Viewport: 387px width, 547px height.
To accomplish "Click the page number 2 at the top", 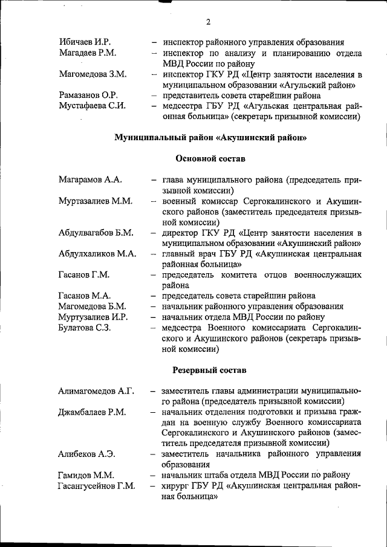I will pyautogui.click(x=207, y=23).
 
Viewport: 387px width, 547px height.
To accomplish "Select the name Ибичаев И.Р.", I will pyautogui.click(x=85, y=42).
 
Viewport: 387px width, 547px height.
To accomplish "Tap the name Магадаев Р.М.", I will pyautogui.click(x=88, y=53).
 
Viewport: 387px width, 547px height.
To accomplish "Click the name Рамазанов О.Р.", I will pyautogui.click(x=88, y=95).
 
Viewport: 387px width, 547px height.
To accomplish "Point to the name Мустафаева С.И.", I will pyautogui.click(x=92, y=106).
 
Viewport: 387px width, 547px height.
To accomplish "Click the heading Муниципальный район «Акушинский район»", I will pyautogui.click(x=211, y=138).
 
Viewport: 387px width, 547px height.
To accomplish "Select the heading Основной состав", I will pyautogui.click(x=210, y=159).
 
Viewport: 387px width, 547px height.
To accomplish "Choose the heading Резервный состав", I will pyautogui.click(x=210, y=370).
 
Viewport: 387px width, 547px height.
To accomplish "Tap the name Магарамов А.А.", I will pyautogui.click(x=91, y=180).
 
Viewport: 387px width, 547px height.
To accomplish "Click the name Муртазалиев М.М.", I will pyautogui.click(x=96, y=201).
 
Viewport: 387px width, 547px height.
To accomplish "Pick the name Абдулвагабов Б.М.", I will pyautogui.click(x=96, y=233).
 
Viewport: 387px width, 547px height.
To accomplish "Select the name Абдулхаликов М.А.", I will pyautogui.click(x=97, y=254).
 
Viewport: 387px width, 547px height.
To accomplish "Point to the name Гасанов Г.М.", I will pyautogui.click(x=84, y=275).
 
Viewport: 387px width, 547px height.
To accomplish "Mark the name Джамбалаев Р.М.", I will pyautogui.click(x=92, y=412).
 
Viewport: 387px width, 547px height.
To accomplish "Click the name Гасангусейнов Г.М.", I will pyautogui.click(x=97, y=486).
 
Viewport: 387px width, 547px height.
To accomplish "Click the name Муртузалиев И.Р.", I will pyautogui.click(x=93, y=317).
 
